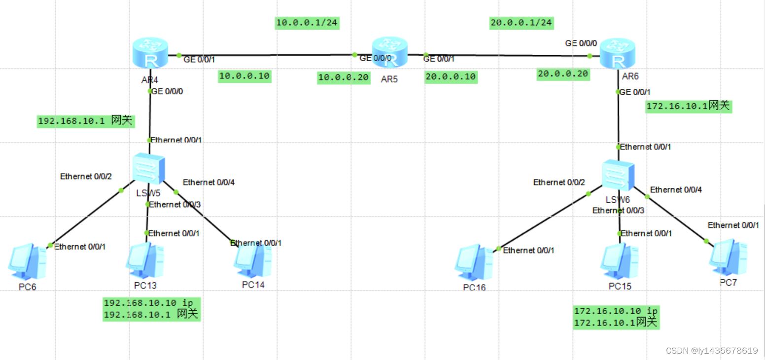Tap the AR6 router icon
[617, 54]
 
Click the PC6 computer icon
[27, 261]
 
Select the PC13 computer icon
[145, 261]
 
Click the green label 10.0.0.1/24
[308, 23]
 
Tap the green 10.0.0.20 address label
[344, 77]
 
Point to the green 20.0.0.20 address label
[563, 74]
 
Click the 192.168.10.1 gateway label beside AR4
[86, 121]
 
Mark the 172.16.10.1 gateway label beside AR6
[688, 106]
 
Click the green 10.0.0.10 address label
[244, 76]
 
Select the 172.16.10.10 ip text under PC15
[616, 311]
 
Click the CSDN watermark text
[711, 351]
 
